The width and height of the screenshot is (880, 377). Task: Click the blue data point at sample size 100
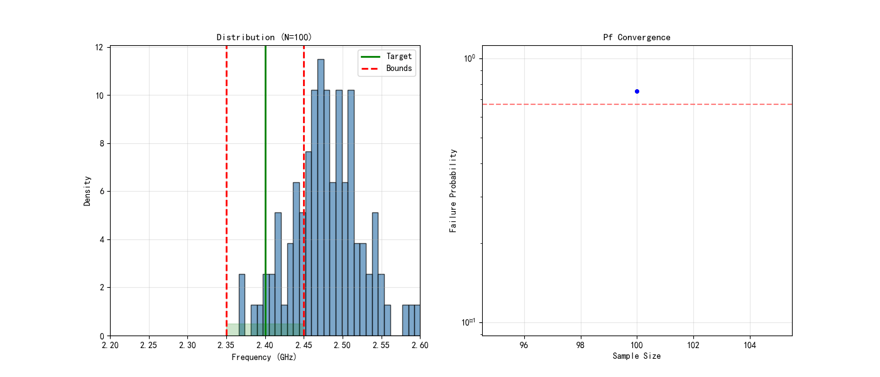(x=637, y=92)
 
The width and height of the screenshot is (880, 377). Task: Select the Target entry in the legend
(x=387, y=57)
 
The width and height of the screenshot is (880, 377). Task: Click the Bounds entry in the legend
(x=387, y=68)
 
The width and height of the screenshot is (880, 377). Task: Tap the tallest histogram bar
(x=321, y=197)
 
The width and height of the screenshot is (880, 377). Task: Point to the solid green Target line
(x=265, y=191)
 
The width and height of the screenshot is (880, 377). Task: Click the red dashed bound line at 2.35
(x=227, y=191)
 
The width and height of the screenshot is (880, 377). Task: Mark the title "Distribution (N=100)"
(x=264, y=37)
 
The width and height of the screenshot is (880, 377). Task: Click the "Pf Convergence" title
(x=637, y=37)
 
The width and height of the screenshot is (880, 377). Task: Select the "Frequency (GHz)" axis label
(x=264, y=357)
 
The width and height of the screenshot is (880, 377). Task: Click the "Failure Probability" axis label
(x=453, y=191)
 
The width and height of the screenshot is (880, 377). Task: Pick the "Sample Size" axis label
(x=637, y=356)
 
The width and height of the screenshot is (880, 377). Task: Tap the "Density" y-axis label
(x=87, y=191)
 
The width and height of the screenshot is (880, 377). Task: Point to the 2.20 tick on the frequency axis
(x=110, y=345)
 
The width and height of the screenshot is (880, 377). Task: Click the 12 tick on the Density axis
(x=99, y=48)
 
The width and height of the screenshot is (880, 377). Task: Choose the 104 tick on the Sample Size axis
(x=750, y=345)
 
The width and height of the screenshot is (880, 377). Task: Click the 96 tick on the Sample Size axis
(x=524, y=345)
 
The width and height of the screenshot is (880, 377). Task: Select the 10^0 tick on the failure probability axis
(x=470, y=58)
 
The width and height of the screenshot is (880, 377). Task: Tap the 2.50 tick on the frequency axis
(x=343, y=345)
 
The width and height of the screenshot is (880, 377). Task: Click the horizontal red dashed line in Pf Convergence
(x=637, y=104)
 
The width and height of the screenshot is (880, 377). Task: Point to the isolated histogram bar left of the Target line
(x=242, y=305)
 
